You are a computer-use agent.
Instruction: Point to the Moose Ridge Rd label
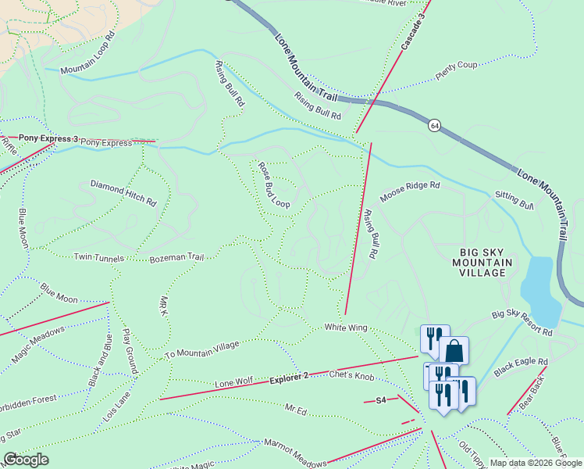(410, 192)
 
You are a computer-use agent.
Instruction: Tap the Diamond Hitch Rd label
(123, 193)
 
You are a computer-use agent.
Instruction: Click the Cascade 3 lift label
(414, 32)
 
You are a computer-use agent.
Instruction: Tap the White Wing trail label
(346, 328)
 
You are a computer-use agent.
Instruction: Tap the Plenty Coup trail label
(457, 70)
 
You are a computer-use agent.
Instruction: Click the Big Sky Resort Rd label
(522, 324)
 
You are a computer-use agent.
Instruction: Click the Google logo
(26, 459)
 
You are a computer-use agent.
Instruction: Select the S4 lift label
(381, 400)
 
